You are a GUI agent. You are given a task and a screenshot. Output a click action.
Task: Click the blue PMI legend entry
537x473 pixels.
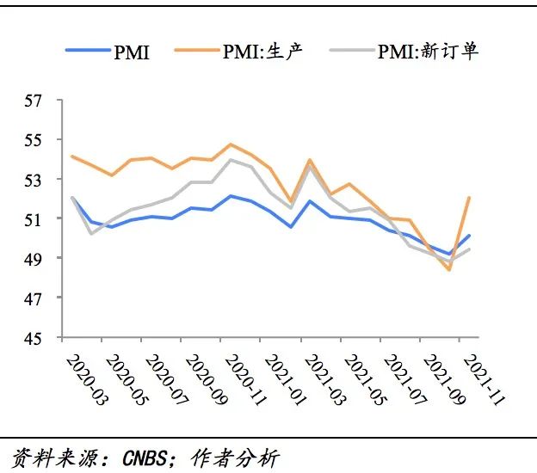click(108, 51)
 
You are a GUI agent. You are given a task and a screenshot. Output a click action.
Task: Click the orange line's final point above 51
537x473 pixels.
click(469, 198)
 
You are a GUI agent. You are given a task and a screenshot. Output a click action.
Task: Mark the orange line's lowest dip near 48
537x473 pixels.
click(449, 270)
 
